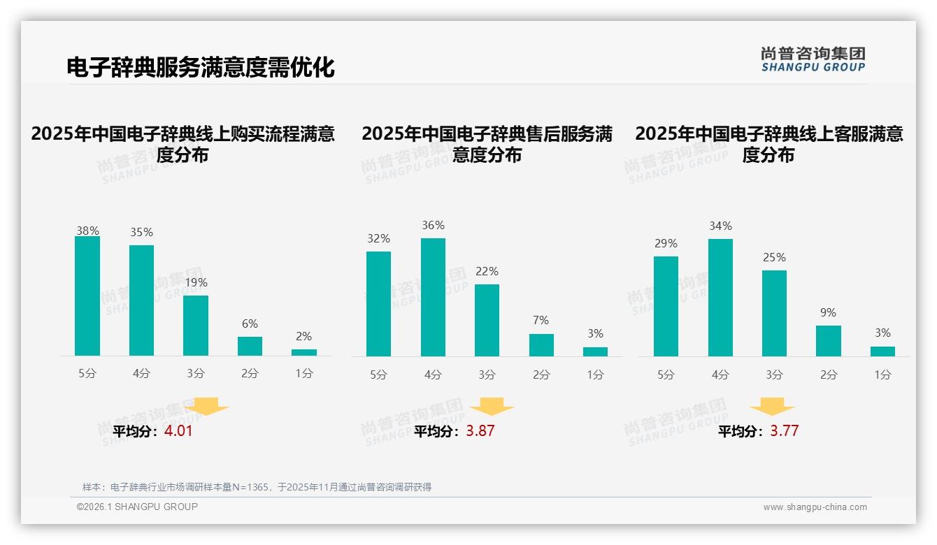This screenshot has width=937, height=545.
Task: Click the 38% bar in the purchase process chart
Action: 87,296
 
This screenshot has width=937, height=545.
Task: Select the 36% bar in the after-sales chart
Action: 433,297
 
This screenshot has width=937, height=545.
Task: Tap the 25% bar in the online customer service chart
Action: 774,313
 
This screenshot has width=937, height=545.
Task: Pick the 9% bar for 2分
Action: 828,341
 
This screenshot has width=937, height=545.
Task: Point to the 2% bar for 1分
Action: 304,352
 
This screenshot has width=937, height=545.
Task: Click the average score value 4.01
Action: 178,431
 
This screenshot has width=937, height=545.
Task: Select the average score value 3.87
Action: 480,431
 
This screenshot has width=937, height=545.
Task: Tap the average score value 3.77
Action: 784,431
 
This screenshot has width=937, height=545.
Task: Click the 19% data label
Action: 196,283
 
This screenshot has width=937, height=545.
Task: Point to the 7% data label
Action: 541,321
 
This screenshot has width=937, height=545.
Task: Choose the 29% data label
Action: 666,244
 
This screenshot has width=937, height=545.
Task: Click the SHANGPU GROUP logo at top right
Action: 813,59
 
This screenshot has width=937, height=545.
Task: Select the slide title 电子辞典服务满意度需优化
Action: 201,68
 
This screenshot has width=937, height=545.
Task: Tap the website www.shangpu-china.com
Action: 815,507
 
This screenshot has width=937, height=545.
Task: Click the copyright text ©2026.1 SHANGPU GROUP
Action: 137,507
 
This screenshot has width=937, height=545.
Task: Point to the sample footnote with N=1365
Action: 257,487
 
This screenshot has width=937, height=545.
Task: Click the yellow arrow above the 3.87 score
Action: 492,407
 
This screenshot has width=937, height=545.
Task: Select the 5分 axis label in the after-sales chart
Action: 378,375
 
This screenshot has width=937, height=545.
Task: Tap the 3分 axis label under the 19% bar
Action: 196,374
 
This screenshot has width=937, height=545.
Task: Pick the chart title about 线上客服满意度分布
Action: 768,144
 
